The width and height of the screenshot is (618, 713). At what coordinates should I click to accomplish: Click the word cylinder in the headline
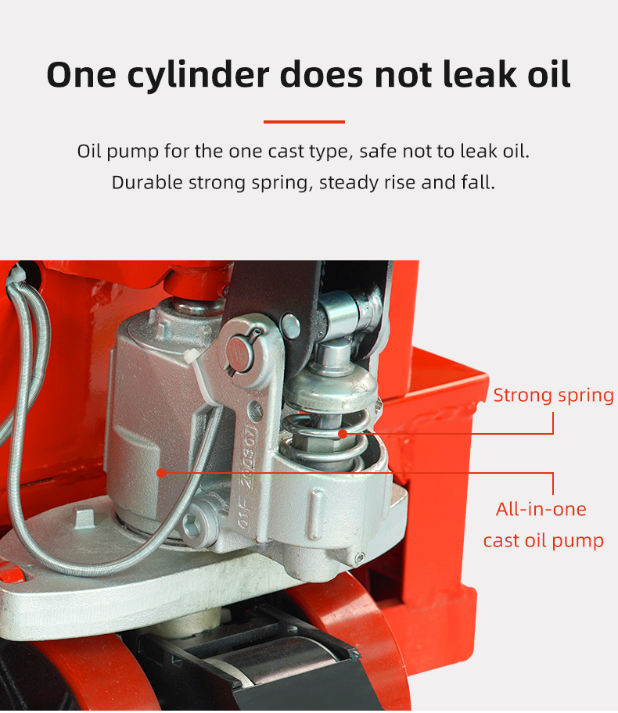tap(198, 75)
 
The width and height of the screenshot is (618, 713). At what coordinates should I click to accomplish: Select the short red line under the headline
tap(304, 122)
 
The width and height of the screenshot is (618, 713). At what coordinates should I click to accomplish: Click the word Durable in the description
tap(147, 182)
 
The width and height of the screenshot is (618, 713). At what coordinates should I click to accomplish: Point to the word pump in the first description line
tap(133, 152)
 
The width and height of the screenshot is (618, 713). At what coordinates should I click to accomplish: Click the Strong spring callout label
tap(553, 396)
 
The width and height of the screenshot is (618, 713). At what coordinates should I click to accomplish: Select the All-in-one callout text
tap(541, 509)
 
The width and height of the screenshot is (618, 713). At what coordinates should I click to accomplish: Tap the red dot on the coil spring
tap(343, 434)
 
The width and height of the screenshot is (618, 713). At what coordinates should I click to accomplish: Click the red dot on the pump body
tap(161, 473)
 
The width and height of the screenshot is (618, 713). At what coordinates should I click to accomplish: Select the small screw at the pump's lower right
tap(359, 557)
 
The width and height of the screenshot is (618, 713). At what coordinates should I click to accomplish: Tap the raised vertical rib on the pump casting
tap(316, 514)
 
